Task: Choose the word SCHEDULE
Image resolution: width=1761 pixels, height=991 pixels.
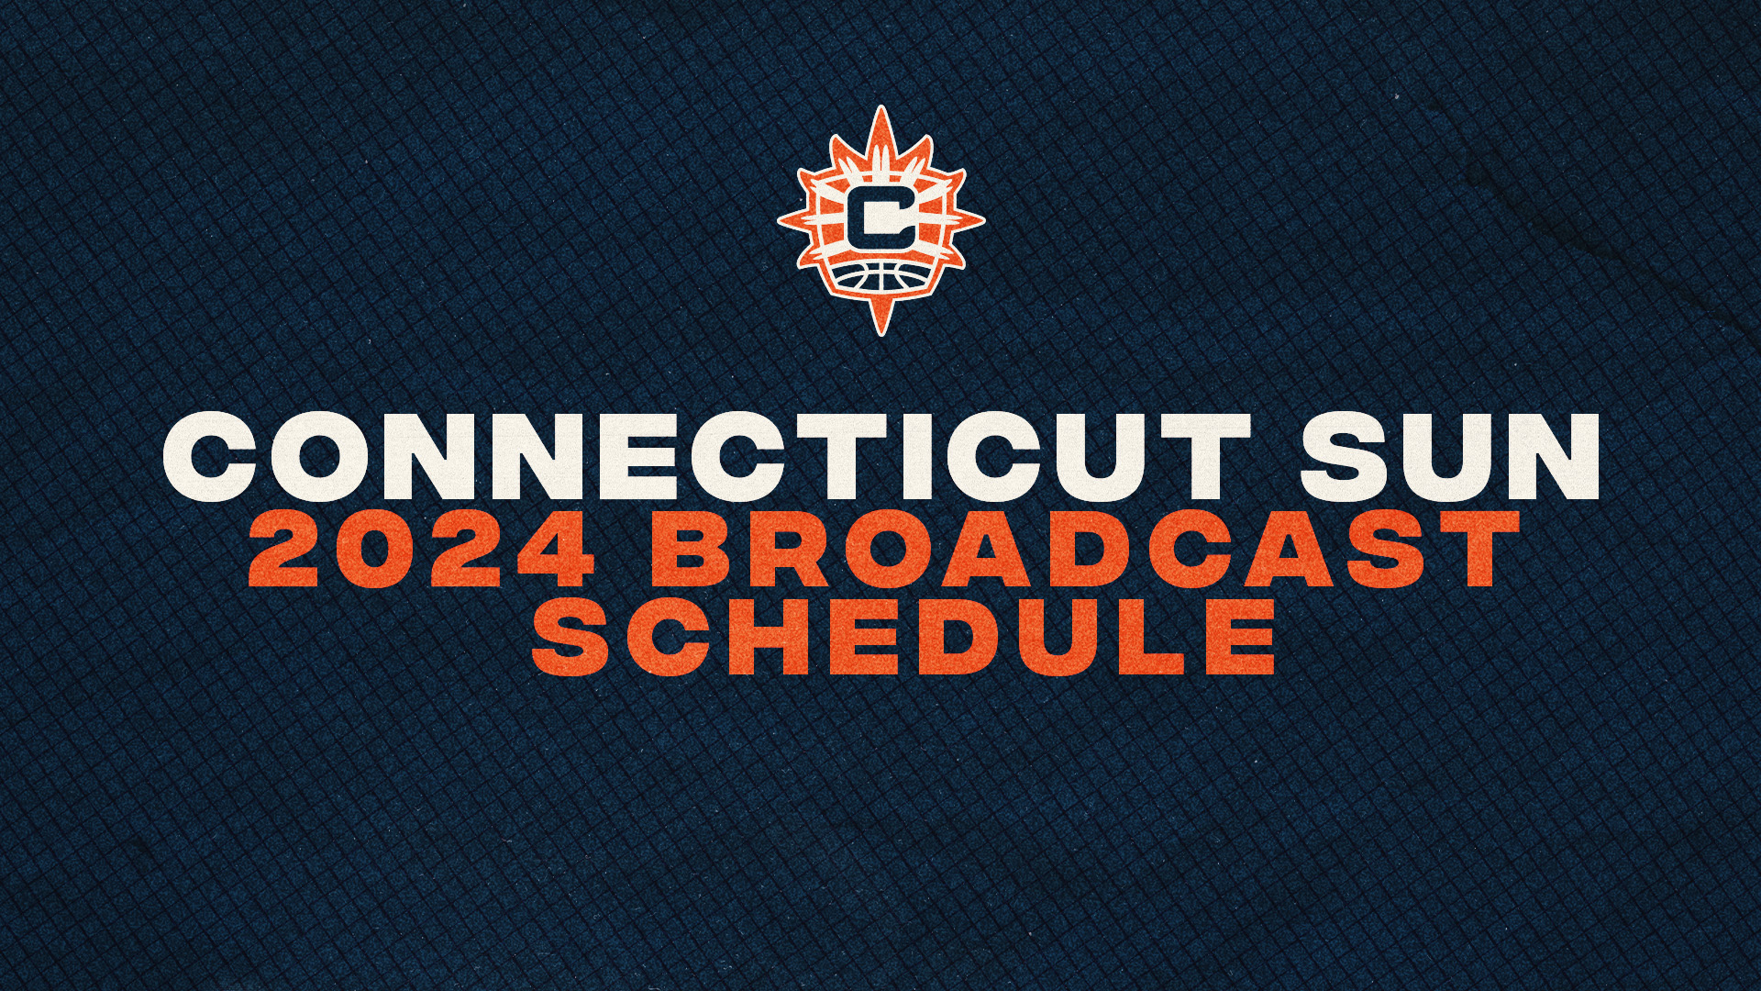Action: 903,635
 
